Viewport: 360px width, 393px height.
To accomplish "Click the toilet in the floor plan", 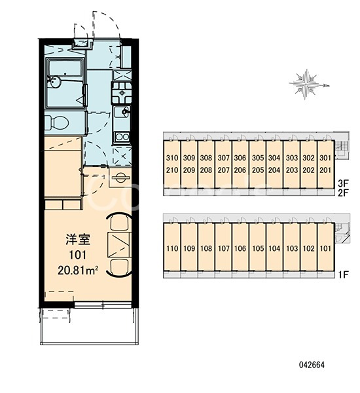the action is tap(57, 122).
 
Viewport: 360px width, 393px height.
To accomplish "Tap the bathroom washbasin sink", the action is tap(54, 82).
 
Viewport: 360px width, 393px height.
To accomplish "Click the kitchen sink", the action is tap(122, 112).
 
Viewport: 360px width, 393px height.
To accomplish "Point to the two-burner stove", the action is tap(122, 137).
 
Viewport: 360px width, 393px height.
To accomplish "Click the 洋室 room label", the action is tap(78, 239).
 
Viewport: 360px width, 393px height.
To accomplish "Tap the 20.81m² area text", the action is tap(78, 270).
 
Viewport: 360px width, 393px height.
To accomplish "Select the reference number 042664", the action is tap(312, 365).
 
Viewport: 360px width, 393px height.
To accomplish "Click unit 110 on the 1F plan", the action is tap(172, 249).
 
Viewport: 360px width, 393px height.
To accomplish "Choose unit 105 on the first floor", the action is tap(258, 249).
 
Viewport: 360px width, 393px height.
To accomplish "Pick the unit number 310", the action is tap(172, 158).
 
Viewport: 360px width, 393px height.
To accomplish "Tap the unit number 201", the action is tap(325, 170).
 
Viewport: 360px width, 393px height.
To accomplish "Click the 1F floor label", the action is tap(343, 275).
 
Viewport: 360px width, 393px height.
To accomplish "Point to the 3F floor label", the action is tap(343, 183).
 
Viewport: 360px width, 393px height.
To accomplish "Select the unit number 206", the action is tap(240, 170).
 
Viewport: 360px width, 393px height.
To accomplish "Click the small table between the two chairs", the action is tap(120, 245).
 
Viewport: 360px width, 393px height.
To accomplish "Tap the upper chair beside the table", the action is tap(120, 222).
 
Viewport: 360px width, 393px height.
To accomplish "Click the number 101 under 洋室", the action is tap(78, 255).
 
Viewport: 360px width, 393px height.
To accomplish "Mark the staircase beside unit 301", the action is tap(341, 149).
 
